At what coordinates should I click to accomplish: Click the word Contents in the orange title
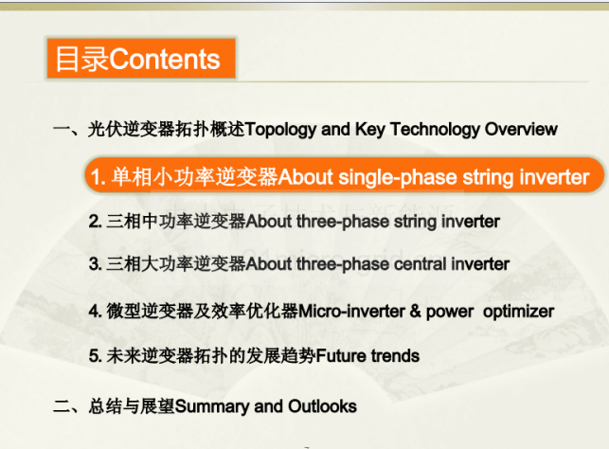[x=165, y=59]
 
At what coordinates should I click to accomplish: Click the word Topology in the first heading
[x=280, y=130]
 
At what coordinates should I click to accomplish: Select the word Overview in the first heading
[x=521, y=130]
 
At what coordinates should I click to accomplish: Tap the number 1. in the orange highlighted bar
[x=98, y=177]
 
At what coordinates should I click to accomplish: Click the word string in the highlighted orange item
[x=488, y=178]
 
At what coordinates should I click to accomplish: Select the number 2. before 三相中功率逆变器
[x=95, y=222]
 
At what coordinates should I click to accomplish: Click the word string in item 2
[x=415, y=223]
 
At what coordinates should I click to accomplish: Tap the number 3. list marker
[x=95, y=264]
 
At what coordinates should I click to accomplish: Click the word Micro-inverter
[x=351, y=311]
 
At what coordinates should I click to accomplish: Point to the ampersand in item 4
[x=415, y=311]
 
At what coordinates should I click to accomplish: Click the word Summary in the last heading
[x=212, y=407]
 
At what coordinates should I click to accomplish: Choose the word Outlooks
[x=322, y=406]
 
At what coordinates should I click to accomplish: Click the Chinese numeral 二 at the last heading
[x=62, y=406]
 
